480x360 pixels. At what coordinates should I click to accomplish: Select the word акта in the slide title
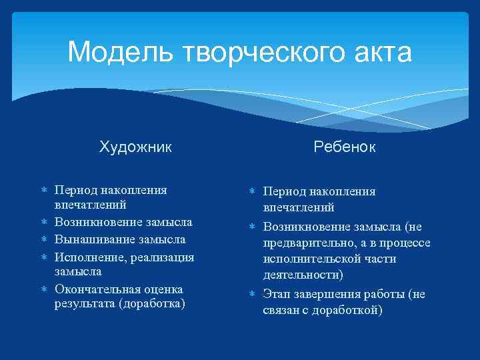[x=382, y=52]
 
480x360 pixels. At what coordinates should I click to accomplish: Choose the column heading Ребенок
[x=344, y=147]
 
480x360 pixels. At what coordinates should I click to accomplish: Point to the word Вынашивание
[x=93, y=239]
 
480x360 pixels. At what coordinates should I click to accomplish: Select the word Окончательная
[x=99, y=289]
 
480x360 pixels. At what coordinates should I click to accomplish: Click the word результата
[x=83, y=304]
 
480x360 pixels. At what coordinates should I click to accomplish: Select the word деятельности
[x=301, y=275]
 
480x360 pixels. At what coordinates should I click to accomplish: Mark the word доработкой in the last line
[x=345, y=310]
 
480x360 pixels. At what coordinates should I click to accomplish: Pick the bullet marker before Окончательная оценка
[x=44, y=290]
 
